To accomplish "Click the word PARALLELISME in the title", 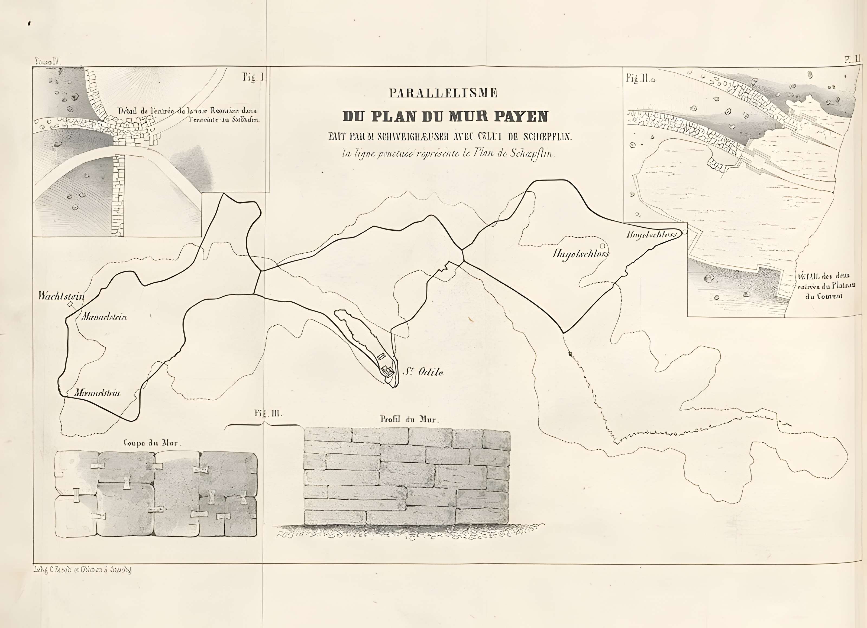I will point(444,93).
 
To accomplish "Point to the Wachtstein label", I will point(62,296).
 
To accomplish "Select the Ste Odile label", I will point(423,372).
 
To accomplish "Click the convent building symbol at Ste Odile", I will point(386,370).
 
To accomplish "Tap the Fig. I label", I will point(253,77).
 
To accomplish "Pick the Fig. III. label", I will point(268,413).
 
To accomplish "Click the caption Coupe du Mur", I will point(153,443).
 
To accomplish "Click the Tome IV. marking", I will point(48,61).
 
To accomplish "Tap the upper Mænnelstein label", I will point(104,317).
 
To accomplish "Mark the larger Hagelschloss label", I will point(581,254).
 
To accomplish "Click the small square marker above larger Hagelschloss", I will point(603,246).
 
